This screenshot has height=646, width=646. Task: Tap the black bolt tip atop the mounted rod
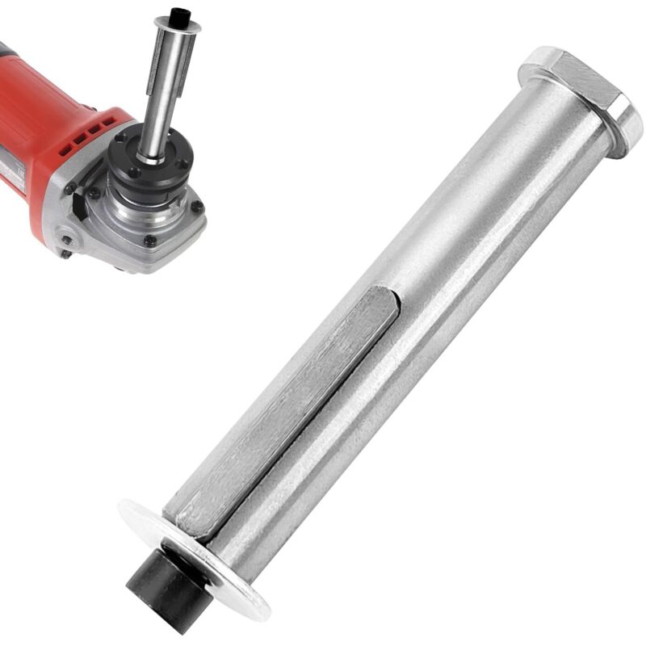pyautogui.click(x=179, y=14)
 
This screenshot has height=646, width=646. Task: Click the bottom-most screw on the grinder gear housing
pyautogui.click(x=150, y=241)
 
